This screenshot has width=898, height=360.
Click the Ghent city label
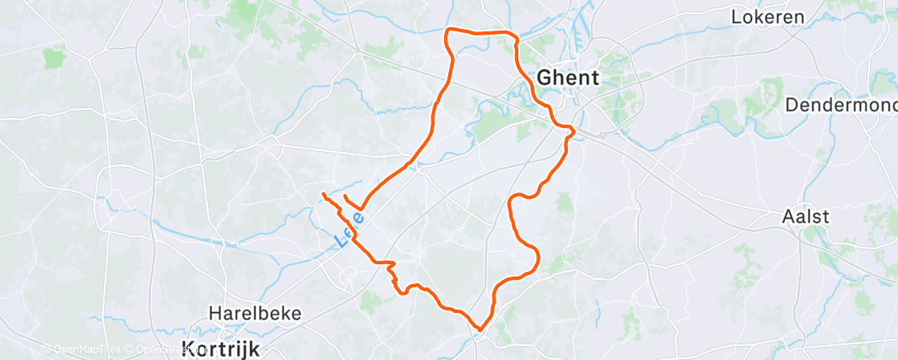(x=568, y=77)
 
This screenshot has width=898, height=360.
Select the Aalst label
(x=806, y=216)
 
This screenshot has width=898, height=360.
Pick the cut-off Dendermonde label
(x=841, y=105)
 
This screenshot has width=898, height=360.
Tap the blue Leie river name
(x=351, y=230)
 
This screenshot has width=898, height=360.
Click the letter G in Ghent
(x=545, y=77)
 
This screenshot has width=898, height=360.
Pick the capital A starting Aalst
(x=788, y=216)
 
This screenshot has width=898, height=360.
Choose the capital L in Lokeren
(x=738, y=16)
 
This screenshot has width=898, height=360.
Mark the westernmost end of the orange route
(x=322, y=193)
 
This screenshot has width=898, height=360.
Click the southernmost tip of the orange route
(x=480, y=330)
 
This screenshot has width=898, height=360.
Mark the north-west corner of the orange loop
(x=448, y=31)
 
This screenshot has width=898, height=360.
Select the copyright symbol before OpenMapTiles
(x=46, y=349)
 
